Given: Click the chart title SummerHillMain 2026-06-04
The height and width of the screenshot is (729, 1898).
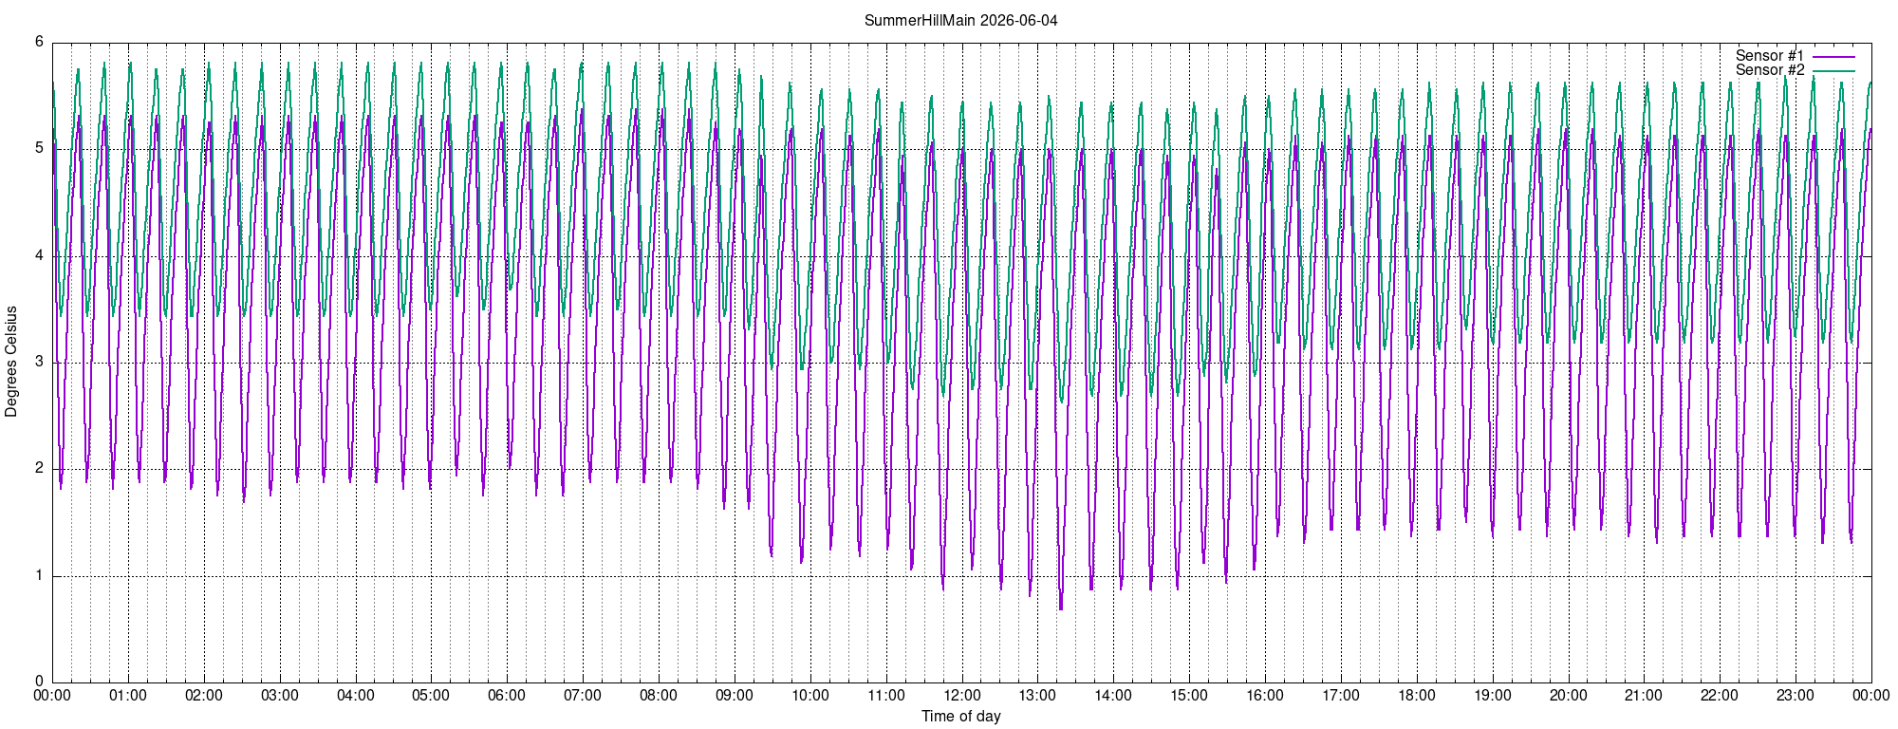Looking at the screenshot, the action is click(960, 20).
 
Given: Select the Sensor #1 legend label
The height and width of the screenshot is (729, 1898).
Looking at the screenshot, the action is click(1770, 56).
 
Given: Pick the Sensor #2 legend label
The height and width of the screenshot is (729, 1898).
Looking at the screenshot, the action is click(1770, 70).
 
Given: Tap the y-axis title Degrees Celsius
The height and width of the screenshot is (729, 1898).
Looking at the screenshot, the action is click(11, 362).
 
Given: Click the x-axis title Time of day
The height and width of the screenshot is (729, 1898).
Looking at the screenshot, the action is click(960, 716).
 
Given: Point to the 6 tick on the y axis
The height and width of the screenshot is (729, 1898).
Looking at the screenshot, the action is click(39, 42).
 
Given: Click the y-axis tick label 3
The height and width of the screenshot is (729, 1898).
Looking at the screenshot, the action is click(39, 362).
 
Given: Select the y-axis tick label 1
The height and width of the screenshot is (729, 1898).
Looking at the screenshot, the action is click(39, 575).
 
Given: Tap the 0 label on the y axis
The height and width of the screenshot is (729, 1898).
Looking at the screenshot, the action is click(39, 682).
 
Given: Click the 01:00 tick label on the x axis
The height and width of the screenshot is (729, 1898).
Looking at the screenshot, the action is click(128, 695).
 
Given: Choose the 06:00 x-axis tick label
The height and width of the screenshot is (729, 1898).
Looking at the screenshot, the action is click(507, 695).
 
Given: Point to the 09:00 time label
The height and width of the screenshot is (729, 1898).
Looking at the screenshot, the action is click(735, 695).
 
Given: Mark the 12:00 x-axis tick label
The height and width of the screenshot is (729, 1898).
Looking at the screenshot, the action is click(961, 695).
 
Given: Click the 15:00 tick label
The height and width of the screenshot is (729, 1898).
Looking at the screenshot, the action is click(1189, 695).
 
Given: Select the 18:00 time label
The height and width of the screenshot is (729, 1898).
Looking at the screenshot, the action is click(1417, 695).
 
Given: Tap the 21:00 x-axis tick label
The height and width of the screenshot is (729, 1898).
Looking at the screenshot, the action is click(1644, 695).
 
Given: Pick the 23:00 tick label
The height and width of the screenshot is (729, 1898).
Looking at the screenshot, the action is click(1796, 695).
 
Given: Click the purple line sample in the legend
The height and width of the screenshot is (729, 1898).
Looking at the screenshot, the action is click(1833, 57).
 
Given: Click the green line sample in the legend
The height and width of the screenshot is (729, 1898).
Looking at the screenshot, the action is click(1833, 71).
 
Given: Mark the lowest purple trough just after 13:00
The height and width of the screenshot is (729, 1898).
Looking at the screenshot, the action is click(1061, 607).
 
